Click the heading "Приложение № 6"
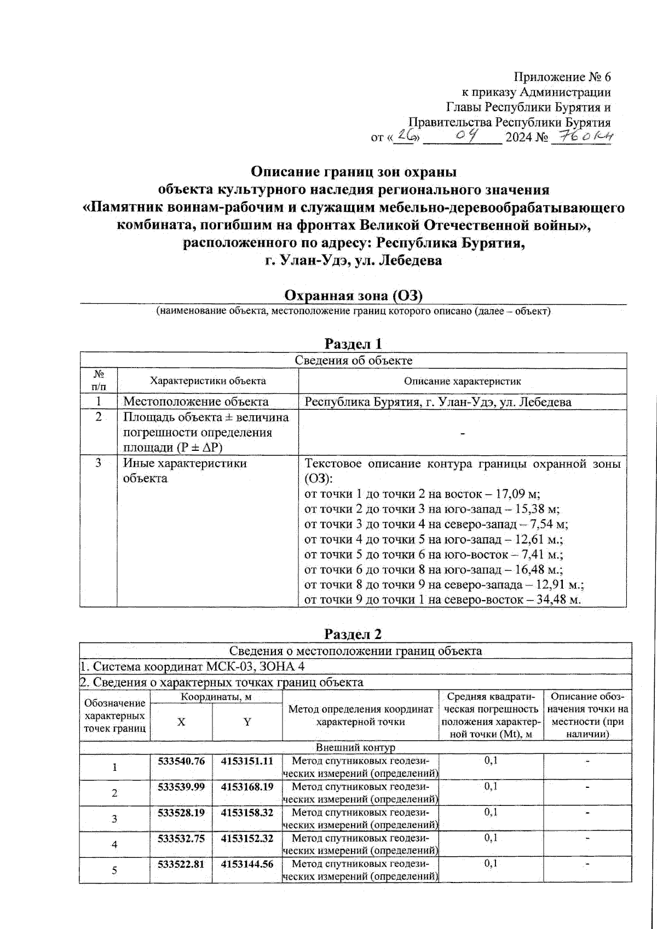pos(562,77)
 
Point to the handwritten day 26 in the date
pos(406,136)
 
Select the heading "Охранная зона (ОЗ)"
pos(353,296)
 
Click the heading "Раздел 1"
pos(353,344)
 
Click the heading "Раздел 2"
pos(353,634)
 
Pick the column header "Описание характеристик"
pos(462,381)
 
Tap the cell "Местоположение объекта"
pos(196,402)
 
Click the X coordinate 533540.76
pos(181,761)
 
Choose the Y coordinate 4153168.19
pos(247,787)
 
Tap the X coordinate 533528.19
pos(181,812)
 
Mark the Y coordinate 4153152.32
pos(247,838)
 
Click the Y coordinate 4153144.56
pos(247,864)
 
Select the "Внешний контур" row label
pos(355,747)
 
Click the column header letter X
pos(181,722)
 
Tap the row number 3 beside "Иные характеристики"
pos(99,463)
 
